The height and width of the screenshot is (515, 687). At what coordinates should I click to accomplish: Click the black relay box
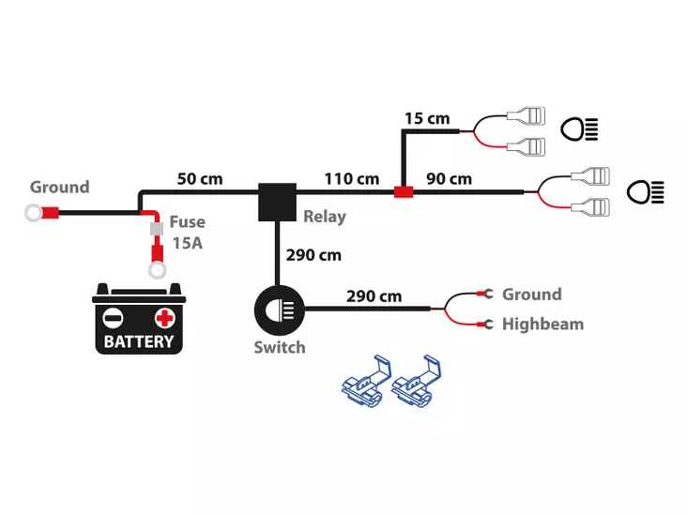point(277,202)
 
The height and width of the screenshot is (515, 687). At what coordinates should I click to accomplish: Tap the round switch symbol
point(277,308)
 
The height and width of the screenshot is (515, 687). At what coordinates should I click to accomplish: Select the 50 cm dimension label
point(200,178)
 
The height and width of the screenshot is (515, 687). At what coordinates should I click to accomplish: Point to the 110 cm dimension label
point(352,178)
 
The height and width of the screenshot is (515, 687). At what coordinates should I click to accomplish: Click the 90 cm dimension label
point(449,178)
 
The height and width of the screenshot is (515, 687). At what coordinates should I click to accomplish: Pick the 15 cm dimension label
point(427,119)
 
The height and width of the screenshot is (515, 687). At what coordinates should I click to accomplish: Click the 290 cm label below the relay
point(313,254)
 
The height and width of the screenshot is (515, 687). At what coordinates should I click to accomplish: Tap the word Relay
point(325,217)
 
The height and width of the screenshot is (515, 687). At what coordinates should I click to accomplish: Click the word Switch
point(280,347)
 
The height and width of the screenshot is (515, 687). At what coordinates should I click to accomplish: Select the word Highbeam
point(542,325)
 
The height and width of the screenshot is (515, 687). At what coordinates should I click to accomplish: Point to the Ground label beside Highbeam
point(531,295)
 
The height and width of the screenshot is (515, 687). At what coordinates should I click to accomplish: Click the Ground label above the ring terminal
point(59,187)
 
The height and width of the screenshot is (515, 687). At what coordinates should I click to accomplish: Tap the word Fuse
point(188,223)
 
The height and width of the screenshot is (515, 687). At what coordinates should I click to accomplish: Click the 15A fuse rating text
point(186,244)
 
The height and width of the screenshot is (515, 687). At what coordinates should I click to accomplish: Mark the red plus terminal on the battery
point(166,316)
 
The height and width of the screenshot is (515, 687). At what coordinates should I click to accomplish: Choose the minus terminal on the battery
point(113,316)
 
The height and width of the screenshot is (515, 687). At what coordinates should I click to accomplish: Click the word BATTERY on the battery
point(139,341)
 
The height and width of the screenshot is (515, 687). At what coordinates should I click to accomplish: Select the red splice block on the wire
point(404,193)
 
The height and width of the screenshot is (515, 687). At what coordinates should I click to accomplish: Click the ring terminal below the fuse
point(158,271)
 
